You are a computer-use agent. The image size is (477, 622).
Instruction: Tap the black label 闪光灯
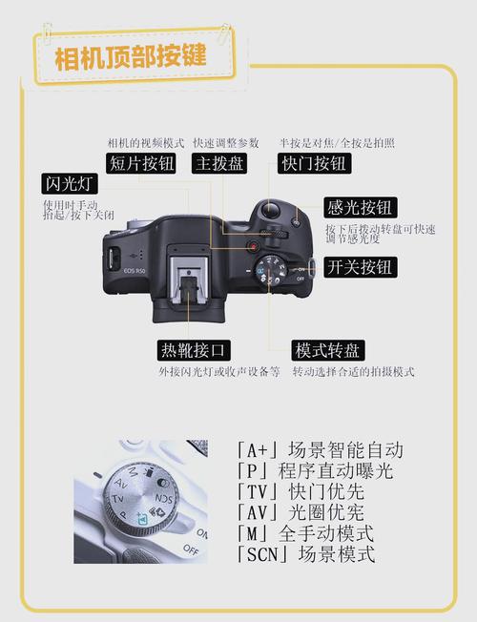[69, 182]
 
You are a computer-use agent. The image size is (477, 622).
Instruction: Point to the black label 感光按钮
[360, 207]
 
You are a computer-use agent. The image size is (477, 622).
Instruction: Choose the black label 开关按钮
[360, 266]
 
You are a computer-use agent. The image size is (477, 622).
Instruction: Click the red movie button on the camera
[253, 247]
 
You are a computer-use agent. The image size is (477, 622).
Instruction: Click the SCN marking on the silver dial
[163, 498]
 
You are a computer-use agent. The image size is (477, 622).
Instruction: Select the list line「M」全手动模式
[304, 533]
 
